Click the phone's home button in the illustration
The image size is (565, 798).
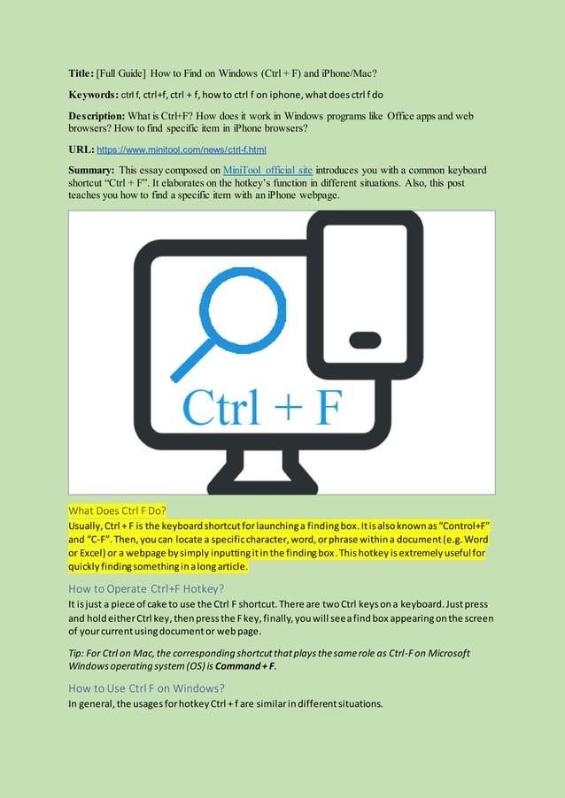coord(366,339)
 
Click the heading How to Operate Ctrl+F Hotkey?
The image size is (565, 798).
coord(147,589)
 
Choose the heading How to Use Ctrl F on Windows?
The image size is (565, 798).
coord(147,687)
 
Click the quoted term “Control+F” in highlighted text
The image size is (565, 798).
coord(459,526)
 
